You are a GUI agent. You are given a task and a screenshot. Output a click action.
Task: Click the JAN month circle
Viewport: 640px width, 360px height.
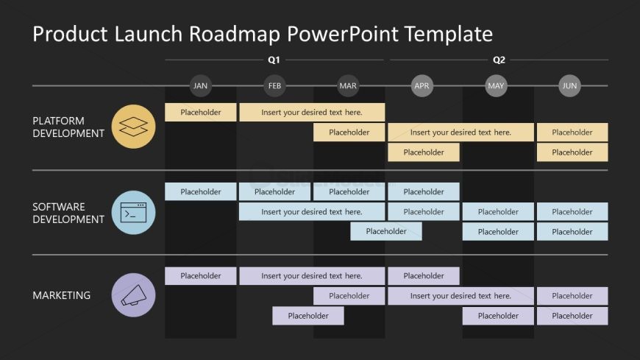tap(200, 86)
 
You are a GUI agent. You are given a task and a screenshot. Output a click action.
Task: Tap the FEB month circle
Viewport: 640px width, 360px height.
tap(274, 86)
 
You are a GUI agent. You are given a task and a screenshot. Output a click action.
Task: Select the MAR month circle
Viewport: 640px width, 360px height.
tap(348, 86)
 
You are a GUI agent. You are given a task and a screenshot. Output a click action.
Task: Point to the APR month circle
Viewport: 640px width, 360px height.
tap(422, 86)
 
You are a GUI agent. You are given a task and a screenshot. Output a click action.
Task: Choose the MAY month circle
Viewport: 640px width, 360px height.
tap(496, 86)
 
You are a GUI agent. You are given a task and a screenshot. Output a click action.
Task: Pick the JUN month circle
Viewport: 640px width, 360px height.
tap(569, 86)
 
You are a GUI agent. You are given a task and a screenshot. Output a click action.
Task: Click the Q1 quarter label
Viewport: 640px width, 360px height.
tap(274, 60)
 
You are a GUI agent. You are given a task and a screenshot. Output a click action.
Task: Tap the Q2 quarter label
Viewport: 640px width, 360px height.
tap(499, 60)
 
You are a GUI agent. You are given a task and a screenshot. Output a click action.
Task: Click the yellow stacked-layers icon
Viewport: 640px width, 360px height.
tap(133, 127)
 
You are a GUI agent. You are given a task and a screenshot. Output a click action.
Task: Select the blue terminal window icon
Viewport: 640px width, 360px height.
tap(133, 212)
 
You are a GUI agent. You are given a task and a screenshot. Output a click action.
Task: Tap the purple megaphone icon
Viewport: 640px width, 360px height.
tap(133, 295)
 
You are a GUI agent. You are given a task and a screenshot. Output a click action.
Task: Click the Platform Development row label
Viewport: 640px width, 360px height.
tap(68, 127)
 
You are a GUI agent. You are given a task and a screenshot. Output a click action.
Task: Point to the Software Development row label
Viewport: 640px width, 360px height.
tap(68, 213)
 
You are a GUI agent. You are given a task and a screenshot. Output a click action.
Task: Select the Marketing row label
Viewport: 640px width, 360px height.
tap(62, 295)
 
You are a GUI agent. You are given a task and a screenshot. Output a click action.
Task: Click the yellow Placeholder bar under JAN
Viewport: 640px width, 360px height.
tap(201, 113)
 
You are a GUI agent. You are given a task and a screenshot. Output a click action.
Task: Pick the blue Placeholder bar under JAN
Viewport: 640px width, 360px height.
tap(201, 192)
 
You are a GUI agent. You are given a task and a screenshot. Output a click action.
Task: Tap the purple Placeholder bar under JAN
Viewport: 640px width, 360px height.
tap(201, 276)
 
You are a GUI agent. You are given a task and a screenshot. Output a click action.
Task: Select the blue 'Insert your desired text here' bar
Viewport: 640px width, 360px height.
tap(312, 212)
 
